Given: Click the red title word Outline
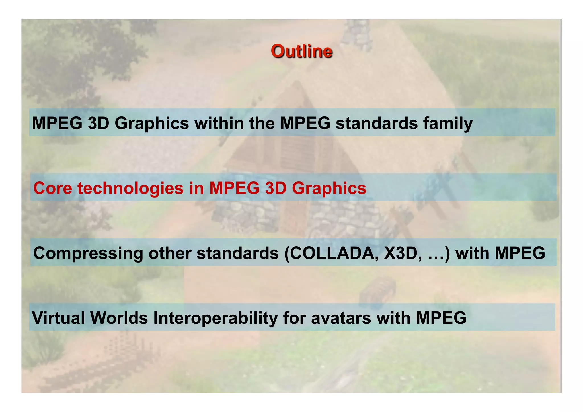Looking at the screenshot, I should (301, 51).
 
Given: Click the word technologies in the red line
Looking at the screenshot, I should (130, 188).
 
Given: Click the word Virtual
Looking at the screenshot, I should (58, 318).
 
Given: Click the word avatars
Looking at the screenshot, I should (341, 318).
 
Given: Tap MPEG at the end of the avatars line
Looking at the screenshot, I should (441, 318).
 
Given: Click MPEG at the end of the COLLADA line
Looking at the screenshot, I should (520, 253).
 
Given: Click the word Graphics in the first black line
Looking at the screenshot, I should (151, 124).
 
